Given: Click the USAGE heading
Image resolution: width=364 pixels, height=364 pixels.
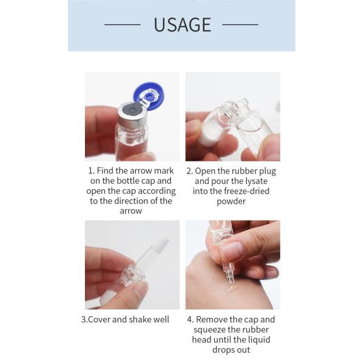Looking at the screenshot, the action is [183, 25].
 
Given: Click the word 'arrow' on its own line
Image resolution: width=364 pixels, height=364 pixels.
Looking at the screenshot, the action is [131, 211].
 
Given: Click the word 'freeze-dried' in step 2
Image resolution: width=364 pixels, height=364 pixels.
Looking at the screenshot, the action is [247, 191].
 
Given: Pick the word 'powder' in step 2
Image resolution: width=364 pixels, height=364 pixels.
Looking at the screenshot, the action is [231, 201].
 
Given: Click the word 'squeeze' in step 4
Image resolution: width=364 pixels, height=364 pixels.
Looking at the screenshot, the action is [209, 330].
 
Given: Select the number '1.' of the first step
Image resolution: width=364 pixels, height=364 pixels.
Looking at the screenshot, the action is [92, 171].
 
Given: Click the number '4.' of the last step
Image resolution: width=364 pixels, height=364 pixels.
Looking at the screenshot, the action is [190, 320].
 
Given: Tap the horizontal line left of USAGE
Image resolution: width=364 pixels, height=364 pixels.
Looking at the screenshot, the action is [123, 24].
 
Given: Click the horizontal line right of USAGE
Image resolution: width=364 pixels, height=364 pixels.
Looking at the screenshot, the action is [240, 24].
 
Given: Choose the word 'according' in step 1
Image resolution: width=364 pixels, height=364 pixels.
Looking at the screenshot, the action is [156, 191].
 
